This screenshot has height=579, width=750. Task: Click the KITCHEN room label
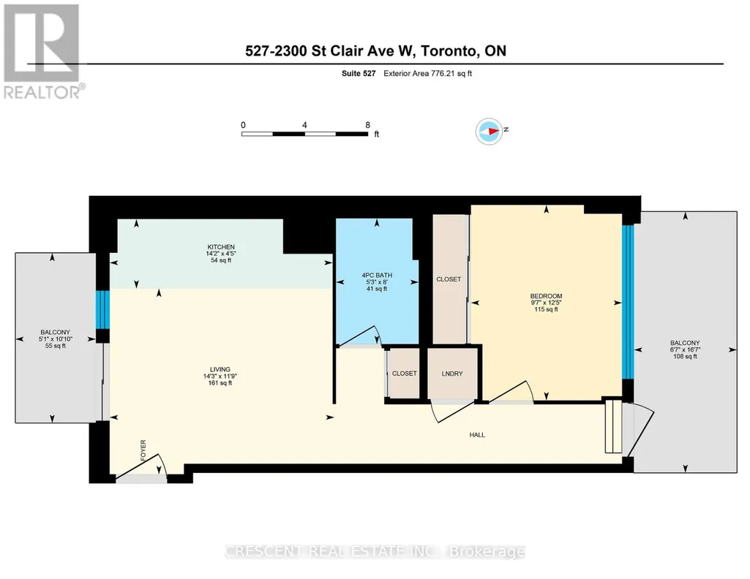coord(221,247)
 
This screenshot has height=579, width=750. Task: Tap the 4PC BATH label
coord(377,275)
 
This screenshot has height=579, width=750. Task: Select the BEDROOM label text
coord(547,296)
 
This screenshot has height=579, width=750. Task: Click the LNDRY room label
coord(452,374)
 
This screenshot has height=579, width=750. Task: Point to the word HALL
coord(477,435)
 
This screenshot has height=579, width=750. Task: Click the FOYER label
coord(143,450)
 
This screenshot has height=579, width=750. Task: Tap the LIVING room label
coord(220,369)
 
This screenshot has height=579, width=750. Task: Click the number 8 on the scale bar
coord(367,125)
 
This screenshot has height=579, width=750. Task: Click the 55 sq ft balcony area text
coord(56,345)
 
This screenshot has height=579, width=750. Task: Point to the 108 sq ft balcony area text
coord(685,356)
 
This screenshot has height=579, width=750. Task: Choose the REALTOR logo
coord(43,52)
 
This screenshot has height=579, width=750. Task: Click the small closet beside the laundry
coord(404,374)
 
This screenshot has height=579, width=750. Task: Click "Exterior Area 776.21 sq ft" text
coord(427,74)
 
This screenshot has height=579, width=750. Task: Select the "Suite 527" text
coord(359,74)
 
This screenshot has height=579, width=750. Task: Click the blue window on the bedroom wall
coord(628,302)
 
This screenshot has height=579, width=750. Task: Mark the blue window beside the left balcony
coord(103,309)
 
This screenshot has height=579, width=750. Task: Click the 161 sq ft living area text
coord(220,382)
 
